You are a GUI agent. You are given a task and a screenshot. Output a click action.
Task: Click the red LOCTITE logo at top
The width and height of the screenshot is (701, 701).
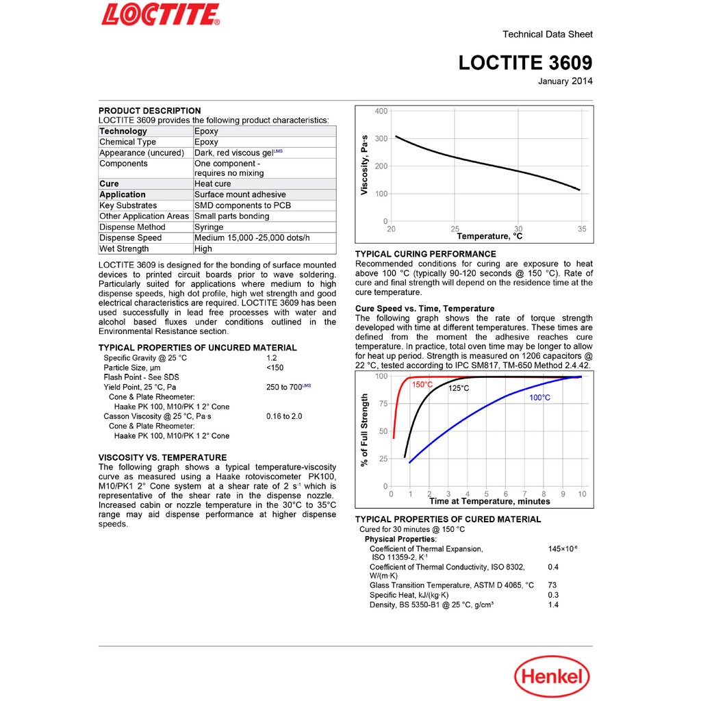[x=160, y=14]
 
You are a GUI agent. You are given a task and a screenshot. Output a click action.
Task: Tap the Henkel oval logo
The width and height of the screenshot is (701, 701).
[x=551, y=677]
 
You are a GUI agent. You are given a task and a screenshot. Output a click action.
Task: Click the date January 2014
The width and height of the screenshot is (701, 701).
[x=565, y=81]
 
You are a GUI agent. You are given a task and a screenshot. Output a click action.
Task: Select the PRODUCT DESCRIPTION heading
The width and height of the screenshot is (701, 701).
[x=150, y=111]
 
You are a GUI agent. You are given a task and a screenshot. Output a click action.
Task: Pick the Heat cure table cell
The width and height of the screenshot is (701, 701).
[x=213, y=184]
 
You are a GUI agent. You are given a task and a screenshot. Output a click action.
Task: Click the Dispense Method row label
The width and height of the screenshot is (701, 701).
[x=132, y=227]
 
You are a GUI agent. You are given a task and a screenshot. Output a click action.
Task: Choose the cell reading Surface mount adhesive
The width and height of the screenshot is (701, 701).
[x=240, y=195]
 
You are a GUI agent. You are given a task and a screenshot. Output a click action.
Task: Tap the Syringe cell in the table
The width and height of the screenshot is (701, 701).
[x=209, y=227]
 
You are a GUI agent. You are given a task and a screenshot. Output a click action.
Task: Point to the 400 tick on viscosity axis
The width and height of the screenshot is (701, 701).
[x=381, y=112]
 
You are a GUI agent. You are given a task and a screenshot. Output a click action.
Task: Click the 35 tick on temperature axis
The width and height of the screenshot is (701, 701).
[x=582, y=229]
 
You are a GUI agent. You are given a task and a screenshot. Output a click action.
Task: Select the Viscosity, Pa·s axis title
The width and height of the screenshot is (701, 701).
[x=364, y=166]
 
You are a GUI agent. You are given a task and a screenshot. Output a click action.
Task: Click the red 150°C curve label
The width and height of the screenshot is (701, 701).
[x=422, y=385]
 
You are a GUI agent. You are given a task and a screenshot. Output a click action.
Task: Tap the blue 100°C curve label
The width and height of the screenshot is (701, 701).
[x=540, y=398]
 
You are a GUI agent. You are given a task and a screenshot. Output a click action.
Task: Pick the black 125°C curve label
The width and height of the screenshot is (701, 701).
[x=459, y=389]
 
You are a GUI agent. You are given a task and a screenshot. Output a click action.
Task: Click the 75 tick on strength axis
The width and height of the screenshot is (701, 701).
[x=383, y=404]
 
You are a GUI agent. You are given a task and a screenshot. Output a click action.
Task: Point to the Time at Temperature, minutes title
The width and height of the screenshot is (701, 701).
[x=489, y=502]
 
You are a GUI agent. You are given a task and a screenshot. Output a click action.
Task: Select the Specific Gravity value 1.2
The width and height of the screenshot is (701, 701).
[x=272, y=359]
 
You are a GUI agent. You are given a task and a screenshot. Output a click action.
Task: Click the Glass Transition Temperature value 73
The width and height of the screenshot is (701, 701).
[x=553, y=585]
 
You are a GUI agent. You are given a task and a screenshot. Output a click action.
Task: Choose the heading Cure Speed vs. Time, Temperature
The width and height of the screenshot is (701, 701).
[x=424, y=309]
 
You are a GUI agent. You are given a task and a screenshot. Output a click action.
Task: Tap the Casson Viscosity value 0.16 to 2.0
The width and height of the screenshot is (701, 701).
[x=284, y=416]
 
